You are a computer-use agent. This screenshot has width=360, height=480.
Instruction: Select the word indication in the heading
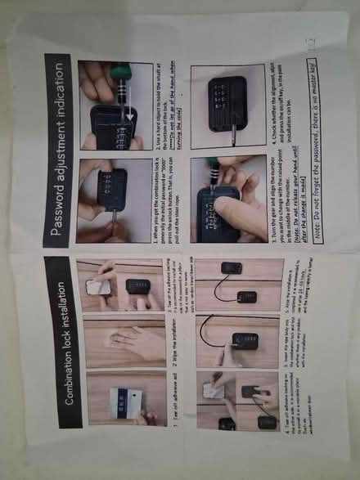57,79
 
